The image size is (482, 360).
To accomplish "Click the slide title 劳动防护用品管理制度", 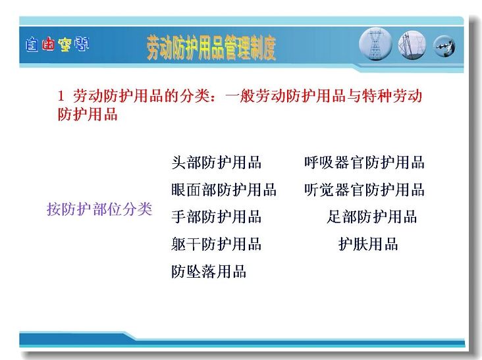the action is [x=211, y=47].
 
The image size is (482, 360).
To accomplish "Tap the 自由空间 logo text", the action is [x=57, y=45].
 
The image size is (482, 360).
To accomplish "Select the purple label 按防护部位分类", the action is [x=99, y=209].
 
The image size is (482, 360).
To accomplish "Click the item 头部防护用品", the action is [x=217, y=163].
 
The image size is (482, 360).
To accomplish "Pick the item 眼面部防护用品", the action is [x=224, y=190].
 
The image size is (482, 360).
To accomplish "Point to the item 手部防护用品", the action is [x=217, y=217].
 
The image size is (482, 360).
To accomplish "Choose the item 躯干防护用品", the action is [x=217, y=244].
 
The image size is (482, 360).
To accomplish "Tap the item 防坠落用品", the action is [x=209, y=271].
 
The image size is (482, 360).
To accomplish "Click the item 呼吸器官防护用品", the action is [x=365, y=163].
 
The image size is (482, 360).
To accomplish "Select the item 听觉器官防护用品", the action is [x=365, y=190].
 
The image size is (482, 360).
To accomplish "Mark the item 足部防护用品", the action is [x=372, y=217].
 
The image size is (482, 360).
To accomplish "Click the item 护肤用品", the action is [x=368, y=244].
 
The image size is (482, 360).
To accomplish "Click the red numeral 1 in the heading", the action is [x=61, y=96].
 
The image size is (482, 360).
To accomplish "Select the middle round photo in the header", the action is [x=412, y=45].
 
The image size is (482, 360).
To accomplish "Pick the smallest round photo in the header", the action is [x=444, y=46].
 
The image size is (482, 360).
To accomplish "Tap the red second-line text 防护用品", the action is [x=88, y=115].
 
